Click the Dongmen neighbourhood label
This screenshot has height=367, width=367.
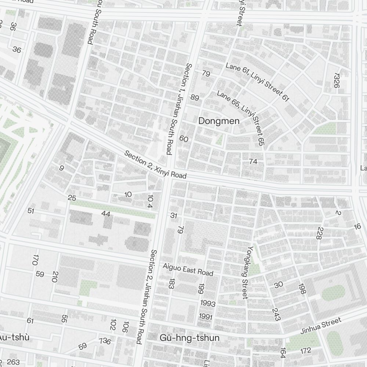(x=219, y=121)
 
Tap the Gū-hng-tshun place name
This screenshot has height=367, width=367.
(x=189, y=338)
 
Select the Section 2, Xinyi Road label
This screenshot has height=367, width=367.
(x=155, y=165)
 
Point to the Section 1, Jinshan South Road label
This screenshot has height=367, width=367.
(x=179, y=109)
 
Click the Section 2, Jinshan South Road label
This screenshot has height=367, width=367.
(x=146, y=297)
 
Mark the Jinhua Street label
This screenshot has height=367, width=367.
(x=321, y=326)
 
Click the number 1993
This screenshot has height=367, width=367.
(x=208, y=303)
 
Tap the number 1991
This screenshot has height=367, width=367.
(x=206, y=316)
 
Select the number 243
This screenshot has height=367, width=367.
(x=276, y=315)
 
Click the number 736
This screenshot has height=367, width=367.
(x=105, y=341)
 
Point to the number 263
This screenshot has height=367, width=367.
(x=13, y=362)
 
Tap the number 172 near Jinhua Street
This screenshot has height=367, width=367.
(x=305, y=351)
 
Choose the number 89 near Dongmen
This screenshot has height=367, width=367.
(x=195, y=98)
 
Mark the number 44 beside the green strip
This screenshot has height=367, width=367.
(x=106, y=214)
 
